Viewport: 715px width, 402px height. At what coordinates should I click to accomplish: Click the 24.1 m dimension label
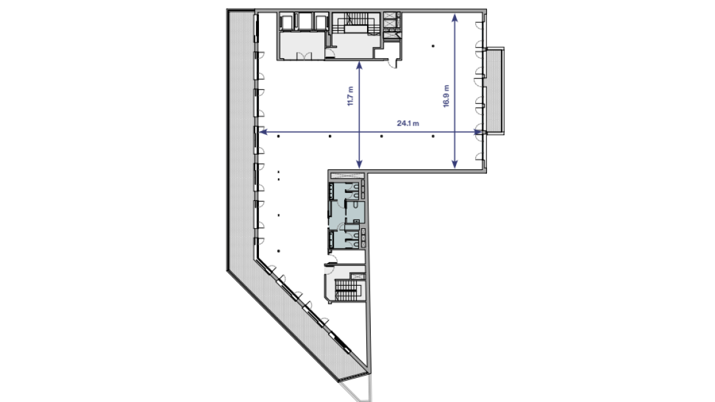point(408,123)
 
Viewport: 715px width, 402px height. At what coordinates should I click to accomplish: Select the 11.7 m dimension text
point(350,96)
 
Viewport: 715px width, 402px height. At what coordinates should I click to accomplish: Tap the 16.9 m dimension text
point(446,96)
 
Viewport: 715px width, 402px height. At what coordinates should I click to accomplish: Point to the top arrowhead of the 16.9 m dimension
point(455,18)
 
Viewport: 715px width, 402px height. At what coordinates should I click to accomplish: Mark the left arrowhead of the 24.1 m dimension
point(263,132)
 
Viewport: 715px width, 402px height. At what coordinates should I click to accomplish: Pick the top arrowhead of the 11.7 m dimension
point(359,66)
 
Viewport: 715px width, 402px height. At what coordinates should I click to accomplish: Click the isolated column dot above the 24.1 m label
point(433,46)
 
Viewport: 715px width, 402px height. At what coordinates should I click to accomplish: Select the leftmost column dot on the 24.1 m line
point(278,136)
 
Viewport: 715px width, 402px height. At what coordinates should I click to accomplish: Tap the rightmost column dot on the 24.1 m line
point(433,136)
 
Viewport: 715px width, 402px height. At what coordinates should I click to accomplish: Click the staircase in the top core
point(356,23)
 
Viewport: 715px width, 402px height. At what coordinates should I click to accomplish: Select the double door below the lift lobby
point(303,56)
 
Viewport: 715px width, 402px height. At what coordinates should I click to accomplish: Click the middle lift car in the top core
point(305,22)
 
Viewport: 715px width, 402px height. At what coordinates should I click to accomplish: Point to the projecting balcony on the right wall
point(495,90)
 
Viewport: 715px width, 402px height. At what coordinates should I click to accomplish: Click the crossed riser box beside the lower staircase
point(357,276)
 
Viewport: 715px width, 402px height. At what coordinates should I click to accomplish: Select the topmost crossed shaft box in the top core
point(391,17)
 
